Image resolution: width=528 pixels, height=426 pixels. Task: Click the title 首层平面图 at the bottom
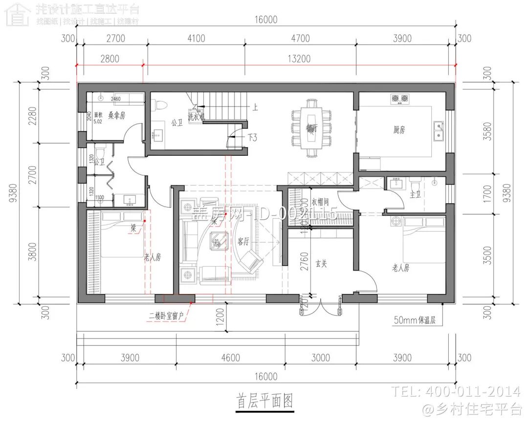tap(265, 402)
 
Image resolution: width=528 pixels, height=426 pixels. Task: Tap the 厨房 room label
tap(399, 130)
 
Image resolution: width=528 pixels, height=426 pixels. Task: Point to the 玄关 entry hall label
tap(321, 264)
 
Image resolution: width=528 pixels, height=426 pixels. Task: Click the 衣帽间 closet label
tap(320, 201)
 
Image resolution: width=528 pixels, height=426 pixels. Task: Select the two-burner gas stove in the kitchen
tap(399, 99)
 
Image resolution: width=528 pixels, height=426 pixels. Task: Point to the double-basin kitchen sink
tap(439, 130)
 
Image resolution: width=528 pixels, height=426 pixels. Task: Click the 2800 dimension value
tap(110, 59)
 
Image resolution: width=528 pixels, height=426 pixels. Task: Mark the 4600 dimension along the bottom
tap(230, 358)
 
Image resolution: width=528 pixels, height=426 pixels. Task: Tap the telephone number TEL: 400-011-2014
tap(455, 391)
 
